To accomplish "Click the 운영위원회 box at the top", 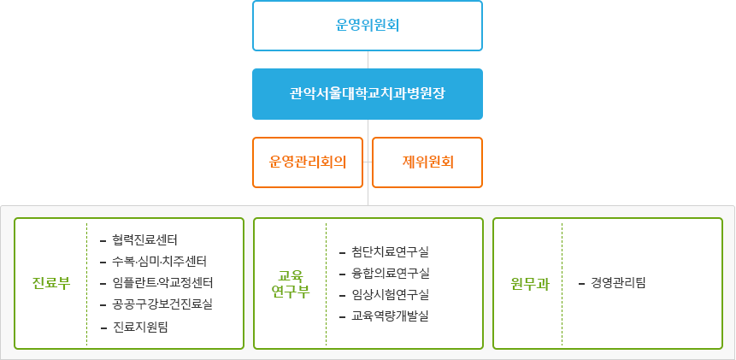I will (x=368, y=26).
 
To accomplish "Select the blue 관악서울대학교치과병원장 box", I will (x=368, y=93).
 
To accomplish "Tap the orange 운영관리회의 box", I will (x=308, y=162).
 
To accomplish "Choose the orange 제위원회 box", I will (x=427, y=162).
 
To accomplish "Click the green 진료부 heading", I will (x=50, y=283).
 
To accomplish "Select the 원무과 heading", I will (x=530, y=283).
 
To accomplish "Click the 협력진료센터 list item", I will (x=144, y=239).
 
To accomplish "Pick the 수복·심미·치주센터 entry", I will (x=159, y=261).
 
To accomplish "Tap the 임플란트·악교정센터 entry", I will (x=162, y=282).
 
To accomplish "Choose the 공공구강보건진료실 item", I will (x=162, y=304).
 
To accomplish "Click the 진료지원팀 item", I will (x=140, y=327).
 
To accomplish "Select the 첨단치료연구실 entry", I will (x=390, y=251).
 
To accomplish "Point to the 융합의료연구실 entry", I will (x=390, y=273).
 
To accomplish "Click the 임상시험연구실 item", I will (x=390, y=294).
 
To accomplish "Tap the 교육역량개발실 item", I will (x=390, y=316).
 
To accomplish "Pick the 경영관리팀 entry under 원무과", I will (x=618, y=282).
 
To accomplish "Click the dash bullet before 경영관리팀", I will (x=581, y=282).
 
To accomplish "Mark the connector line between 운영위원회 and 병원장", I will (x=368, y=59).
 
